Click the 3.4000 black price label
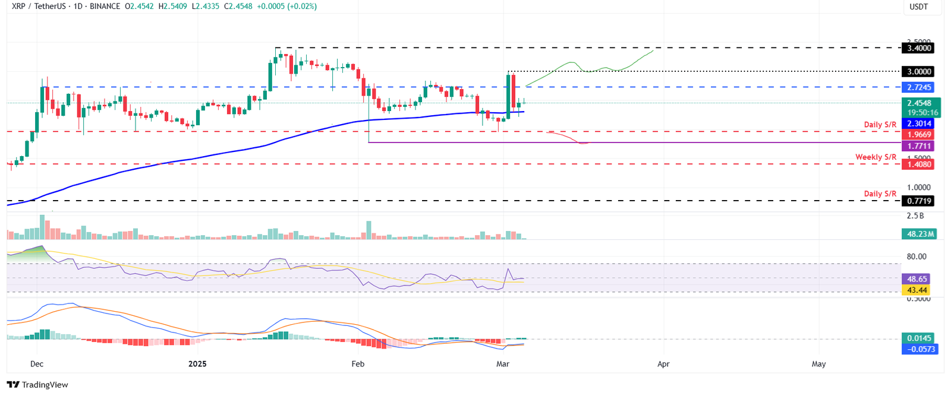pyautogui.click(x=918, y=48)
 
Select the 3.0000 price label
pyautogui.click(x=918, y=72)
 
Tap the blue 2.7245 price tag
pyautogui.click(x=918, y=87)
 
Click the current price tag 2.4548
pyautogui.click(x=919, y=103)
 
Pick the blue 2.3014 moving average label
pyautogui.click(x=918, y=123)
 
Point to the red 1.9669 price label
pyautogui.click(x=918, y=135)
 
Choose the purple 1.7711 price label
pyautogui.click(x=918, y=146)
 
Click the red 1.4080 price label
pyautogui.click(x=918, y=164)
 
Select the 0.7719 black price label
pyautogui.click(x=918, y=201)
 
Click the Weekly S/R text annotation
pyautogui.click(x=876, y=157)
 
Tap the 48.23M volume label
pyautogui.click(x=920, y=234)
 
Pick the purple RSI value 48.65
pyautogui.click(x=917, y=279)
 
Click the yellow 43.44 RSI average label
pyautogui.click(x=917, y=290)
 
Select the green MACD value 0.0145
pyautogui.click(x=919, y=338)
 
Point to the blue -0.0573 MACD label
pyautogui.click(x=920, y=349)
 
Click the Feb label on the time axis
pyautogui.click(x=358, y=364)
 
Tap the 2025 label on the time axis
pyautogui.click(x=197, y=364)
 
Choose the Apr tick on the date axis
pyautogui.click(x=663, y=364)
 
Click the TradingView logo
pyautogui.click(x=37, y=385)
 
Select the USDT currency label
pyautogui.click(x=919, y=7)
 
